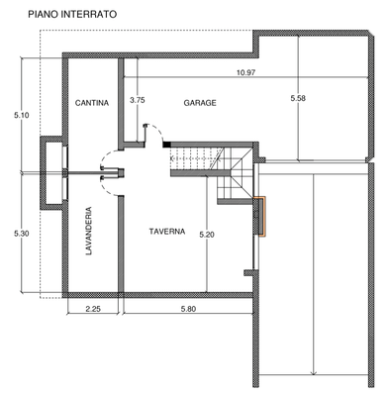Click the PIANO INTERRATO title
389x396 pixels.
point(72,15)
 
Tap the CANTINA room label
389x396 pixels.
point(92,103)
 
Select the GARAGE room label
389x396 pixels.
point(200,103)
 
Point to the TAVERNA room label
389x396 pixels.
point(167,232)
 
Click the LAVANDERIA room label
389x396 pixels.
point(89,231)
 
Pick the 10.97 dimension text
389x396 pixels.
point(245,72)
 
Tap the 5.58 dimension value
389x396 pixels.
point(298,98)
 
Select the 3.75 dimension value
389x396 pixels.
point(138,100)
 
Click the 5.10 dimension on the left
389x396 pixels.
point(22,115)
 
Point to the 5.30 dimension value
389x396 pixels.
point(22,234)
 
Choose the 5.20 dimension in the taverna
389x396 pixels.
point(207,235)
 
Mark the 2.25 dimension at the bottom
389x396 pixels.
point(93,309)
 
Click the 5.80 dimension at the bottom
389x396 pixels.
point(188,309)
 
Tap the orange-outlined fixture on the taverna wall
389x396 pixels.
point(261,217)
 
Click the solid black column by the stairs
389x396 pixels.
point(166,145)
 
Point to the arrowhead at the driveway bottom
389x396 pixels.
point(314,373)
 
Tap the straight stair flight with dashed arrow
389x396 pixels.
point(195,158)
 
